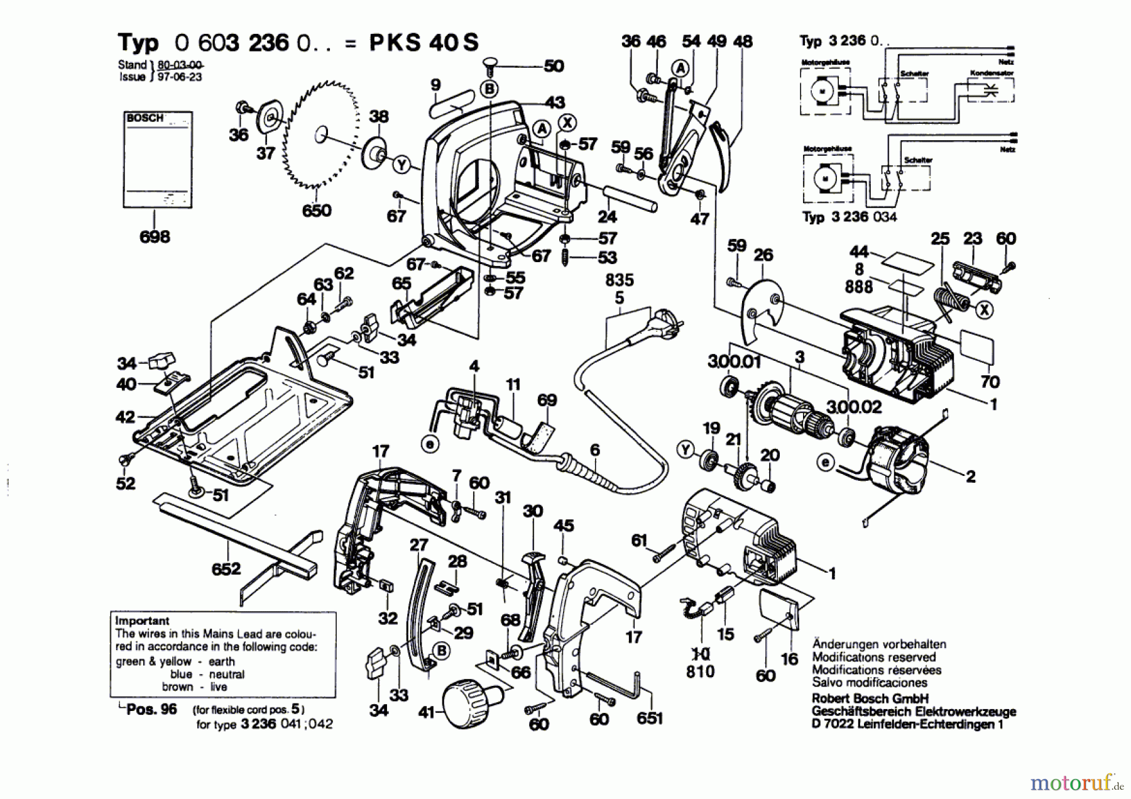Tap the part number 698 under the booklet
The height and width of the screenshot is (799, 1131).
[x=155, y=237]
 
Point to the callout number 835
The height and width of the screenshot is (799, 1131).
[x=620, y=280]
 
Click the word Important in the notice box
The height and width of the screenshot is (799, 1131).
[x=142, y=620]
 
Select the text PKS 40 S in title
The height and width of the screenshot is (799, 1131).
[x=423, y=43]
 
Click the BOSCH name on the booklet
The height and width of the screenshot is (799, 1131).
[x=145, y=118]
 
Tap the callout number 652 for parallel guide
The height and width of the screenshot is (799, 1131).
[x=226, y=569]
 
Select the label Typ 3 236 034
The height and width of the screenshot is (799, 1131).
[x=850, y=217]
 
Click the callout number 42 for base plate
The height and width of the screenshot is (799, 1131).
[x=126, y=417]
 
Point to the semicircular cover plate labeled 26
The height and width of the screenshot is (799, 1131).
[x=762, y=308]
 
